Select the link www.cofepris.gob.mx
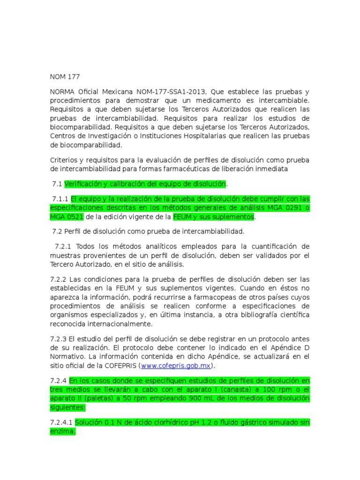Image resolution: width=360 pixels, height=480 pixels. click(x=176, y=366)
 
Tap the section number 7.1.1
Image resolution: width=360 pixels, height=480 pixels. click(x=60, y=198)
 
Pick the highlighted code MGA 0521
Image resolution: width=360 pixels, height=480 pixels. click(x=67, y=217)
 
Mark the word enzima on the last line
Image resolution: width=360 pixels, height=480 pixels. click(x=62, y=431)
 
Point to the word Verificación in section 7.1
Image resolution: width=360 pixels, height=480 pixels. click(x=86, y=184)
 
